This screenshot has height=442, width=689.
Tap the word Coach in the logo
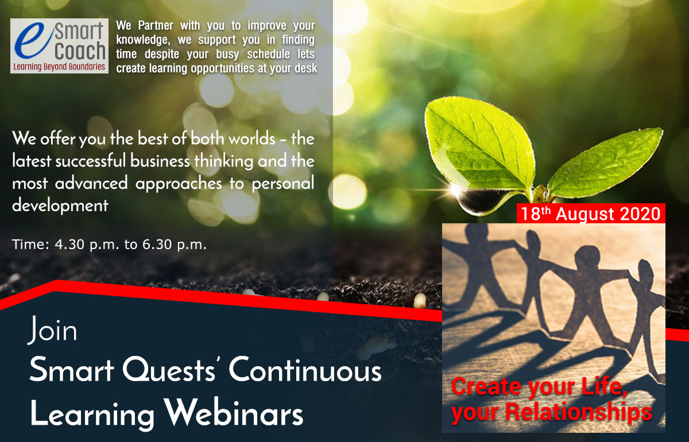pos(80,51)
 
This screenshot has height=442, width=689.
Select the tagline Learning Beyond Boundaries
pos(59,67)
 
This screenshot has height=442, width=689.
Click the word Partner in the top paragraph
pos(156,25)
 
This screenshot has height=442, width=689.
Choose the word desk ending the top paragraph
pos(305,68)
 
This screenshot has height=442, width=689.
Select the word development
pos(60,206)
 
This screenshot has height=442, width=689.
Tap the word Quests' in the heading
pos(169,370)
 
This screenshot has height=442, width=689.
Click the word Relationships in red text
pos(578,412)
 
